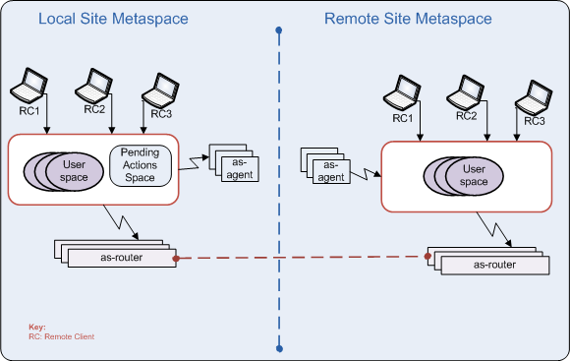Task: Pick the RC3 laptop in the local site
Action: point(159,88)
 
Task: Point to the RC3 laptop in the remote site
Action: point(534,98)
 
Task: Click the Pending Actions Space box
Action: point(140,164)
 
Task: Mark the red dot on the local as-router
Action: point(175,259)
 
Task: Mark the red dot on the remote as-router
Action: point(427,258)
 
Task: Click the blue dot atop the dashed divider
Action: point(279,30)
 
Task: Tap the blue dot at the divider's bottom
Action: point(279,347)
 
